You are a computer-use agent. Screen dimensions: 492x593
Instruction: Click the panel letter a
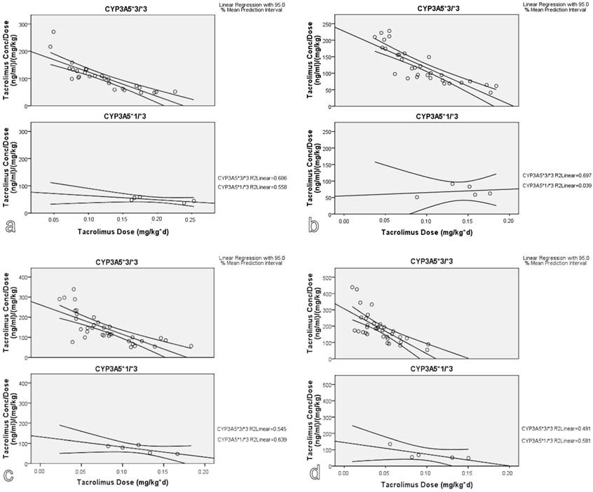(x=9, y=226)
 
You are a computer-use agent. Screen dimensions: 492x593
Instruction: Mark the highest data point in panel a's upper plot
(x=53, y=32)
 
